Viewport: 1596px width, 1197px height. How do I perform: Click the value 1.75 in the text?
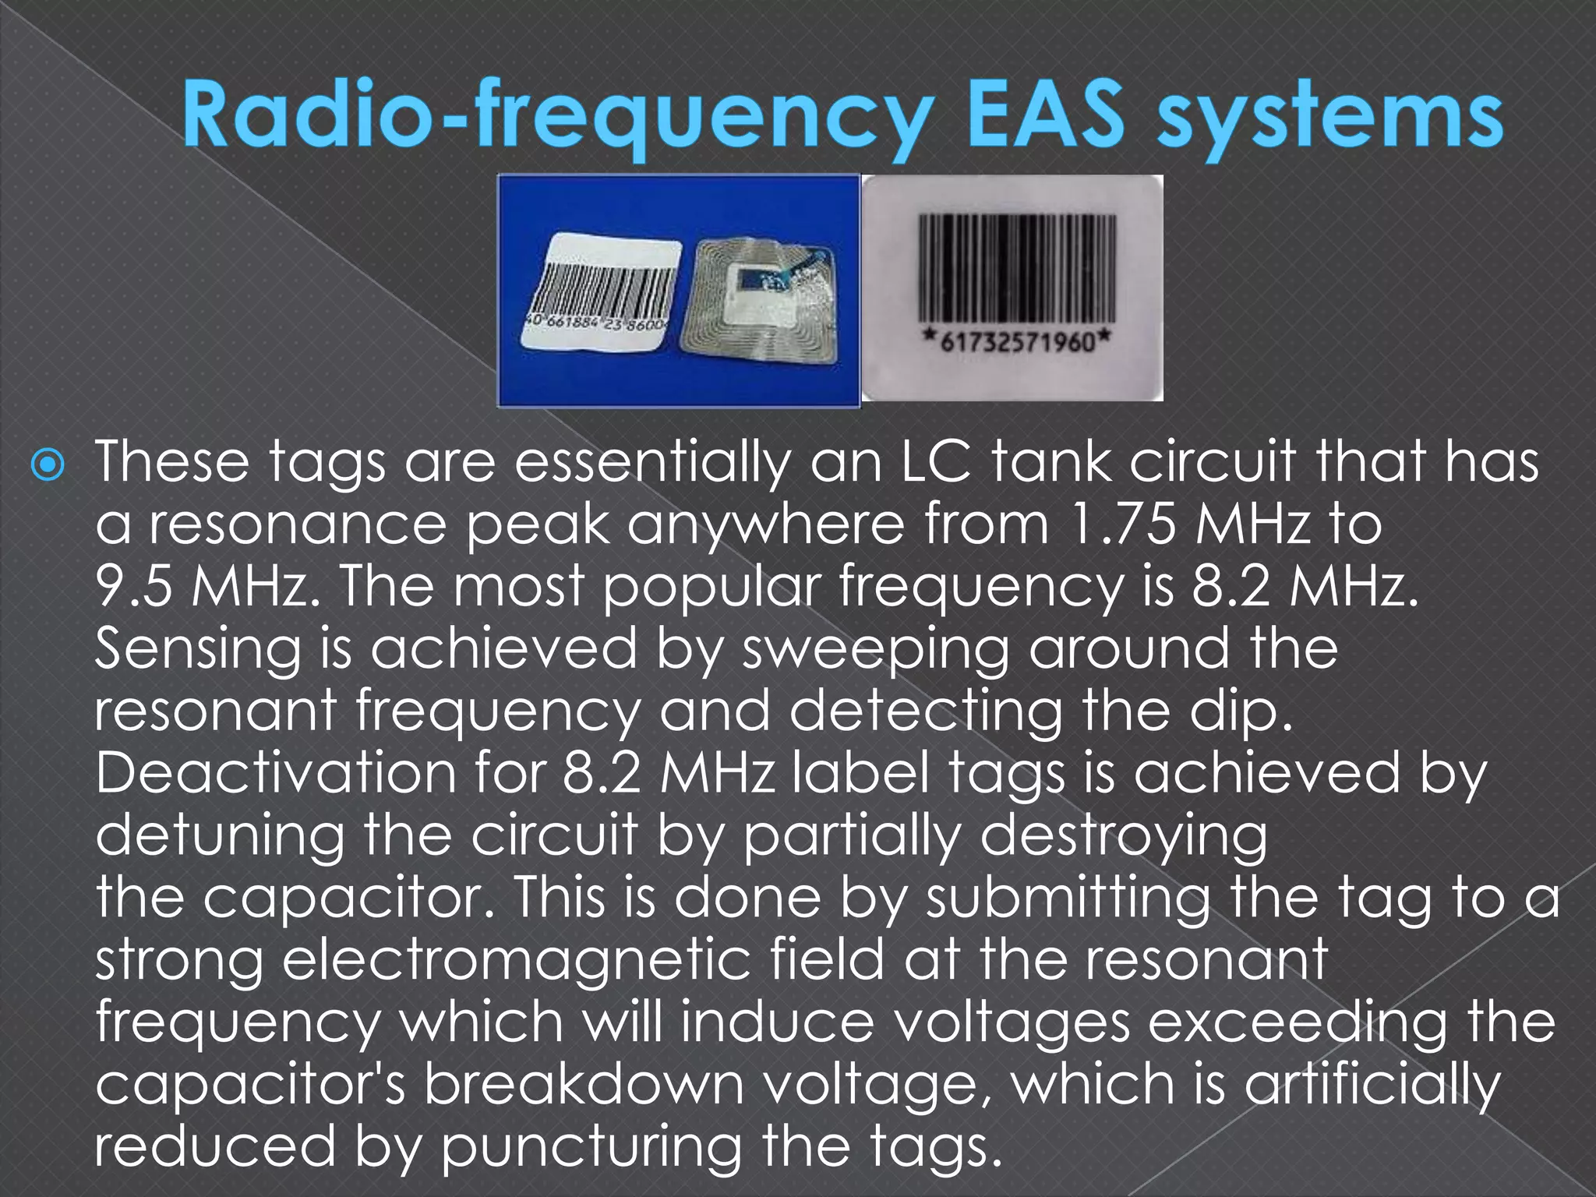tap(1118, 524)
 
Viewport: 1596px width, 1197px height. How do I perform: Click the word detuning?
tap(219, 836)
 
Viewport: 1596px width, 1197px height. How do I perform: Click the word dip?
tap(1242, 711)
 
